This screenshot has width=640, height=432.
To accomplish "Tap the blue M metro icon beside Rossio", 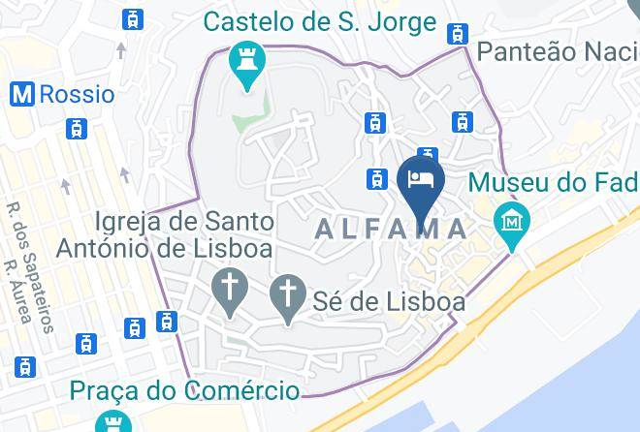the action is click(22, 94).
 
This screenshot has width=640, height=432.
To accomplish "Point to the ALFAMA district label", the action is click(392, 229).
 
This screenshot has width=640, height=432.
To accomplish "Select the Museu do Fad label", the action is click(553, 181).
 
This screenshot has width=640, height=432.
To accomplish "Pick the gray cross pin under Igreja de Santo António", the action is click(229, 291).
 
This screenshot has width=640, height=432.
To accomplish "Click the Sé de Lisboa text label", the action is click(388, 301).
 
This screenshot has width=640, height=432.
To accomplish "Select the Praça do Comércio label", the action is click(183, 391).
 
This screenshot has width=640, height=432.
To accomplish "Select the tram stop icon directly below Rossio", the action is click(76, 128).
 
